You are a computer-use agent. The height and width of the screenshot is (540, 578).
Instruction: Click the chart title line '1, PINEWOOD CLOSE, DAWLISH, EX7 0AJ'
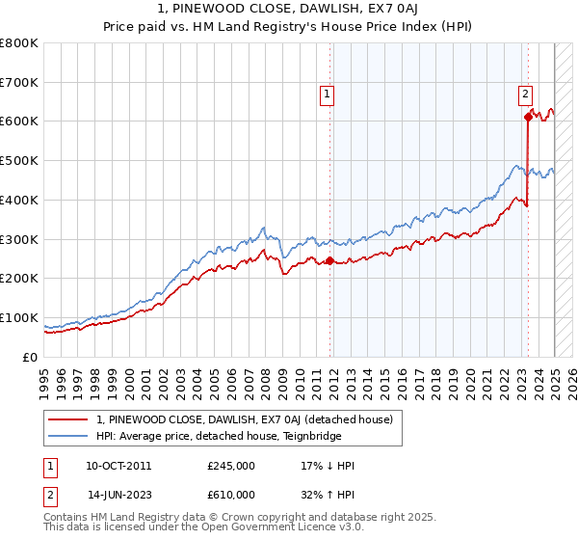289,11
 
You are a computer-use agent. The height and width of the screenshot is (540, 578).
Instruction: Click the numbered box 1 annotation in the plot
328,94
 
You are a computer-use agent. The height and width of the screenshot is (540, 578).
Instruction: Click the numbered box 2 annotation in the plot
525,94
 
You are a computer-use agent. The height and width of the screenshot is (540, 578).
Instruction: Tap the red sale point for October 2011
329,260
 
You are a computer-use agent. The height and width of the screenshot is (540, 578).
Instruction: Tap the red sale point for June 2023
528,117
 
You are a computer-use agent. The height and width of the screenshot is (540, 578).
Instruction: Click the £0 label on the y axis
31,357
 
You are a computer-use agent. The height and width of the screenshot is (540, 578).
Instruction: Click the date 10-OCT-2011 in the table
118,466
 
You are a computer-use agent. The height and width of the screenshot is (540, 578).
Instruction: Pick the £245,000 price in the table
231,466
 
